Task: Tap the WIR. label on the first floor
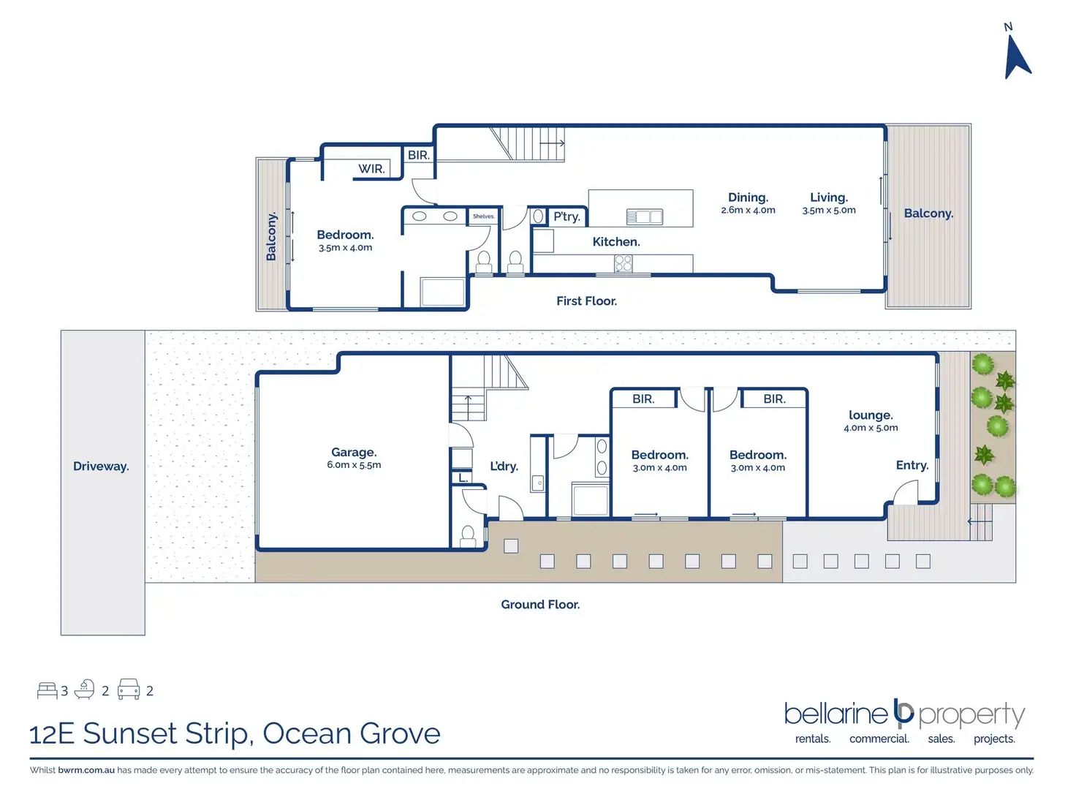pyautogui.click(x=371, y=169)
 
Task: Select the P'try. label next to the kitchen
pyautogui.click(x=567, y=216)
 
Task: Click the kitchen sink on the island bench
pyautogui.click(x=644, y=216)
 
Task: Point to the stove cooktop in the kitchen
pyautogui.click(x=623, y=263)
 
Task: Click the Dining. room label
pyautogui.click(x=748, y=197)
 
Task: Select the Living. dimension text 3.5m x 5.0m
pyautogui.click(x=828, y=210)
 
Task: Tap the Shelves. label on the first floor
pyautogui.click(x=483, y=216)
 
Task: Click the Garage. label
pyautogui.click(x=354, y=452)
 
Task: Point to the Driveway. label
pyautogui.click(x=101, y=466)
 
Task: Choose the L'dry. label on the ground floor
pyautogui.click(x=504, y=466)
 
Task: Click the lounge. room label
pyautogui.click(x=871, y=415)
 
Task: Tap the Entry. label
pyautogui.click(x=912, y=465)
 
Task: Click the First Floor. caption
pyautogui.click(x=586, y=301)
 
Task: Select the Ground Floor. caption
pyautogui.click(x=540, y=604)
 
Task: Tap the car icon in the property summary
pyautogui.click(x=129, y=689)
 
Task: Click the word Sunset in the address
pyautogui.click(x=129, y=733)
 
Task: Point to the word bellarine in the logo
pyautogui.click(x=836, y=714)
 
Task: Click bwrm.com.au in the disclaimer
pyautogui.click(x=86, y=770)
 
